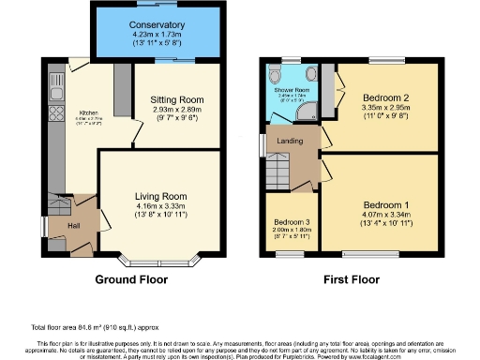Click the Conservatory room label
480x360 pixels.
point(157,24)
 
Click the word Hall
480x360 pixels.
point(72,225)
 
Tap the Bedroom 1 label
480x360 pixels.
point(387,204)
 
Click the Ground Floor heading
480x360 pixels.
point(131,279)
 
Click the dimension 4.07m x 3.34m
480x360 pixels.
point(387,215)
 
